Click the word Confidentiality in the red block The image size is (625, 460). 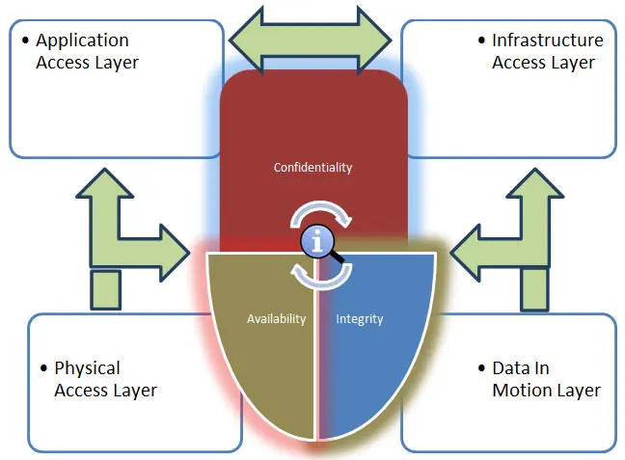click(x=312, y=167)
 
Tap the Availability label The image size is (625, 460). click(x=276, y=319)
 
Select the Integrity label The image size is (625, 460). click(x=359, y=319)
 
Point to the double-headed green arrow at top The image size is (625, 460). click(x=309, y=38)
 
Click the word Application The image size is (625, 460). click(x=82, y=41)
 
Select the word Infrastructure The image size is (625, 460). click(x=547, y=41)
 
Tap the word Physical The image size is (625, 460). click(x=87, y=368)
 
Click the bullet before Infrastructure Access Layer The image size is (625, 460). click(x=481, y=41)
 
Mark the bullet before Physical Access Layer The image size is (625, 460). click(x=43, y=368)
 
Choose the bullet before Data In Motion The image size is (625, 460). click(x=481, y=368)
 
